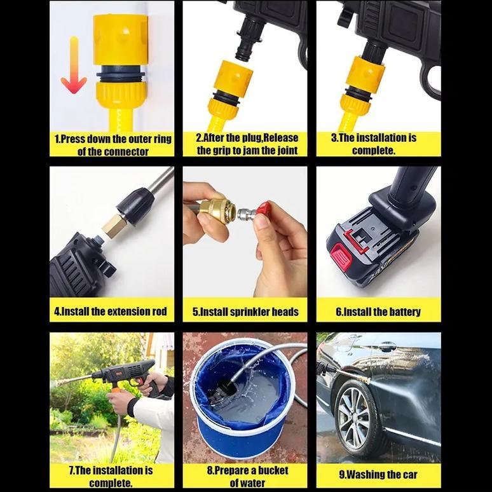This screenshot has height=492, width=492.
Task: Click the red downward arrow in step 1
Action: (74, 67)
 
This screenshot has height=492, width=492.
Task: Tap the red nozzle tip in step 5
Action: (263, 212)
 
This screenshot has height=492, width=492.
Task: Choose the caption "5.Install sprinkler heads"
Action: (245, 311)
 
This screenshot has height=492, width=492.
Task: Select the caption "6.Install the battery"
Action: (378, 311)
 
